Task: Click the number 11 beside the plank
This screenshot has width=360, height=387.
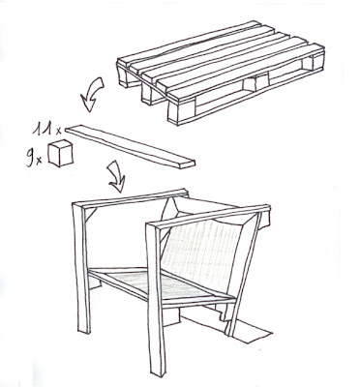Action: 44,128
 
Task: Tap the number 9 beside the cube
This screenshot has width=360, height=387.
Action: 30,158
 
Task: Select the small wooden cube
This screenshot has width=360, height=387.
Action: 60,153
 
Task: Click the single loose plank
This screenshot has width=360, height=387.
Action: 131,146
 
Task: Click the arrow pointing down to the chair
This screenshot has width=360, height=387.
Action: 117,177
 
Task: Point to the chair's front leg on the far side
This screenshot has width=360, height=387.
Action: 82,268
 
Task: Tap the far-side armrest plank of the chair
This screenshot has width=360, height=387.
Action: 131,198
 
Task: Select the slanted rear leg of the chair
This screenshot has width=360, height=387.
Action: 244,274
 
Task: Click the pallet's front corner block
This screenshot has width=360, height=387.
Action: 177,112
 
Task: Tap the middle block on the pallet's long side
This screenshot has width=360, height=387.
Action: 255,83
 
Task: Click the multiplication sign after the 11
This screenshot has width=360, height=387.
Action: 58,131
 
